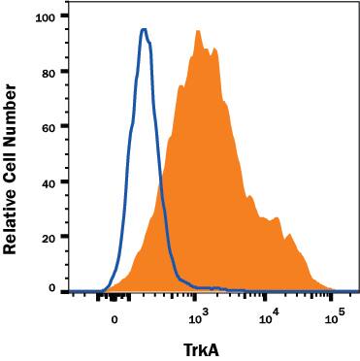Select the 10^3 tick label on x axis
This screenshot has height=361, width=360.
pyautogui.click(x=197, y=316)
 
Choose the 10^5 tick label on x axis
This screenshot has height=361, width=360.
pyautogui.click(x=335, y=316)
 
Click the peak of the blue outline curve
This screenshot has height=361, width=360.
pyautogui.click(x=144, y=29)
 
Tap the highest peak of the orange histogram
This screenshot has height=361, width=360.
pyautogui.click(x=198, y=31)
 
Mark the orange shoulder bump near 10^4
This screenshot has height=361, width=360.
pyautogui.click(x=279, y=212)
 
